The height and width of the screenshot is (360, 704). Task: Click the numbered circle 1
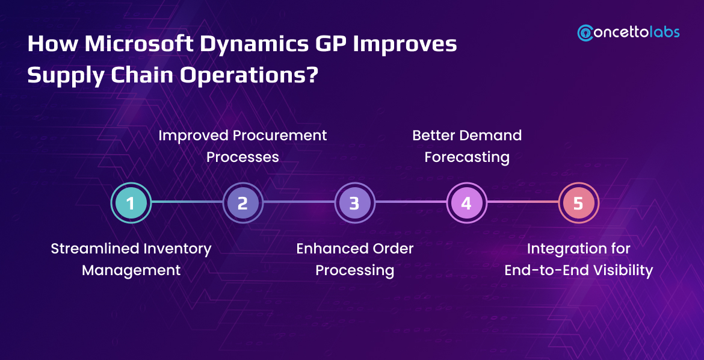[x=131, y=203]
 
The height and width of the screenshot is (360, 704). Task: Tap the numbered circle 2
[x=242, y=203]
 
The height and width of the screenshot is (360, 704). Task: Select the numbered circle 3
[x=354, y=203]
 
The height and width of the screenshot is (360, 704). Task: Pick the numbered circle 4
[x=466, y=203]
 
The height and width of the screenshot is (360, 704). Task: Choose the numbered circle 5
[x=578, y=203]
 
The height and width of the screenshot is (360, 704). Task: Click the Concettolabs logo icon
[x=585, y=33]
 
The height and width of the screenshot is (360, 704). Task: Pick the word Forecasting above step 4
[x=467, y=157]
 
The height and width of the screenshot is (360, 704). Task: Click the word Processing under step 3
[x=355, y=270]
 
